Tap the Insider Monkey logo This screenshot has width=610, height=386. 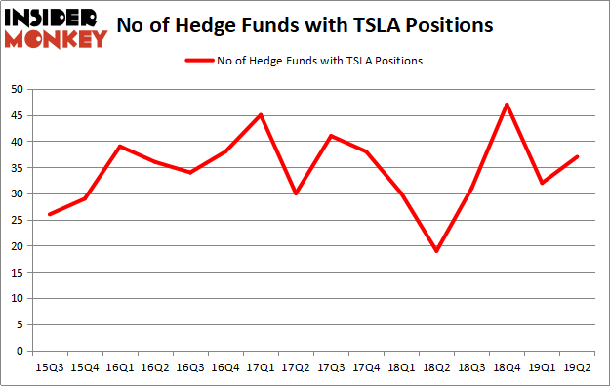(56, 27)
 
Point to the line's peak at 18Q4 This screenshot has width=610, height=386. (507, 105)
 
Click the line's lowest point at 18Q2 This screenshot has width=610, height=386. (435, 251)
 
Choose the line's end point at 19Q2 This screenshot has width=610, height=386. (577, 156)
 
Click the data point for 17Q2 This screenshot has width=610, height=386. (295, 193)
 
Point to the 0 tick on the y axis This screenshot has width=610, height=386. (20, 351)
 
